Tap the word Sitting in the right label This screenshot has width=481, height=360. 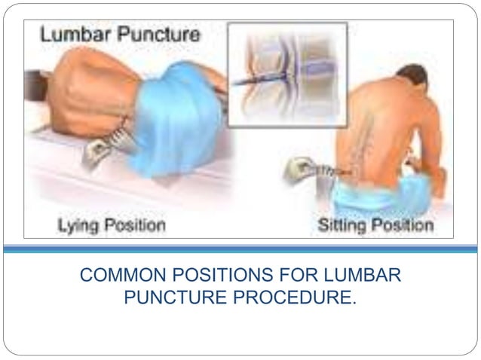click(344, 224)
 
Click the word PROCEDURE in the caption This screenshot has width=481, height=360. click(302, 297)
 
